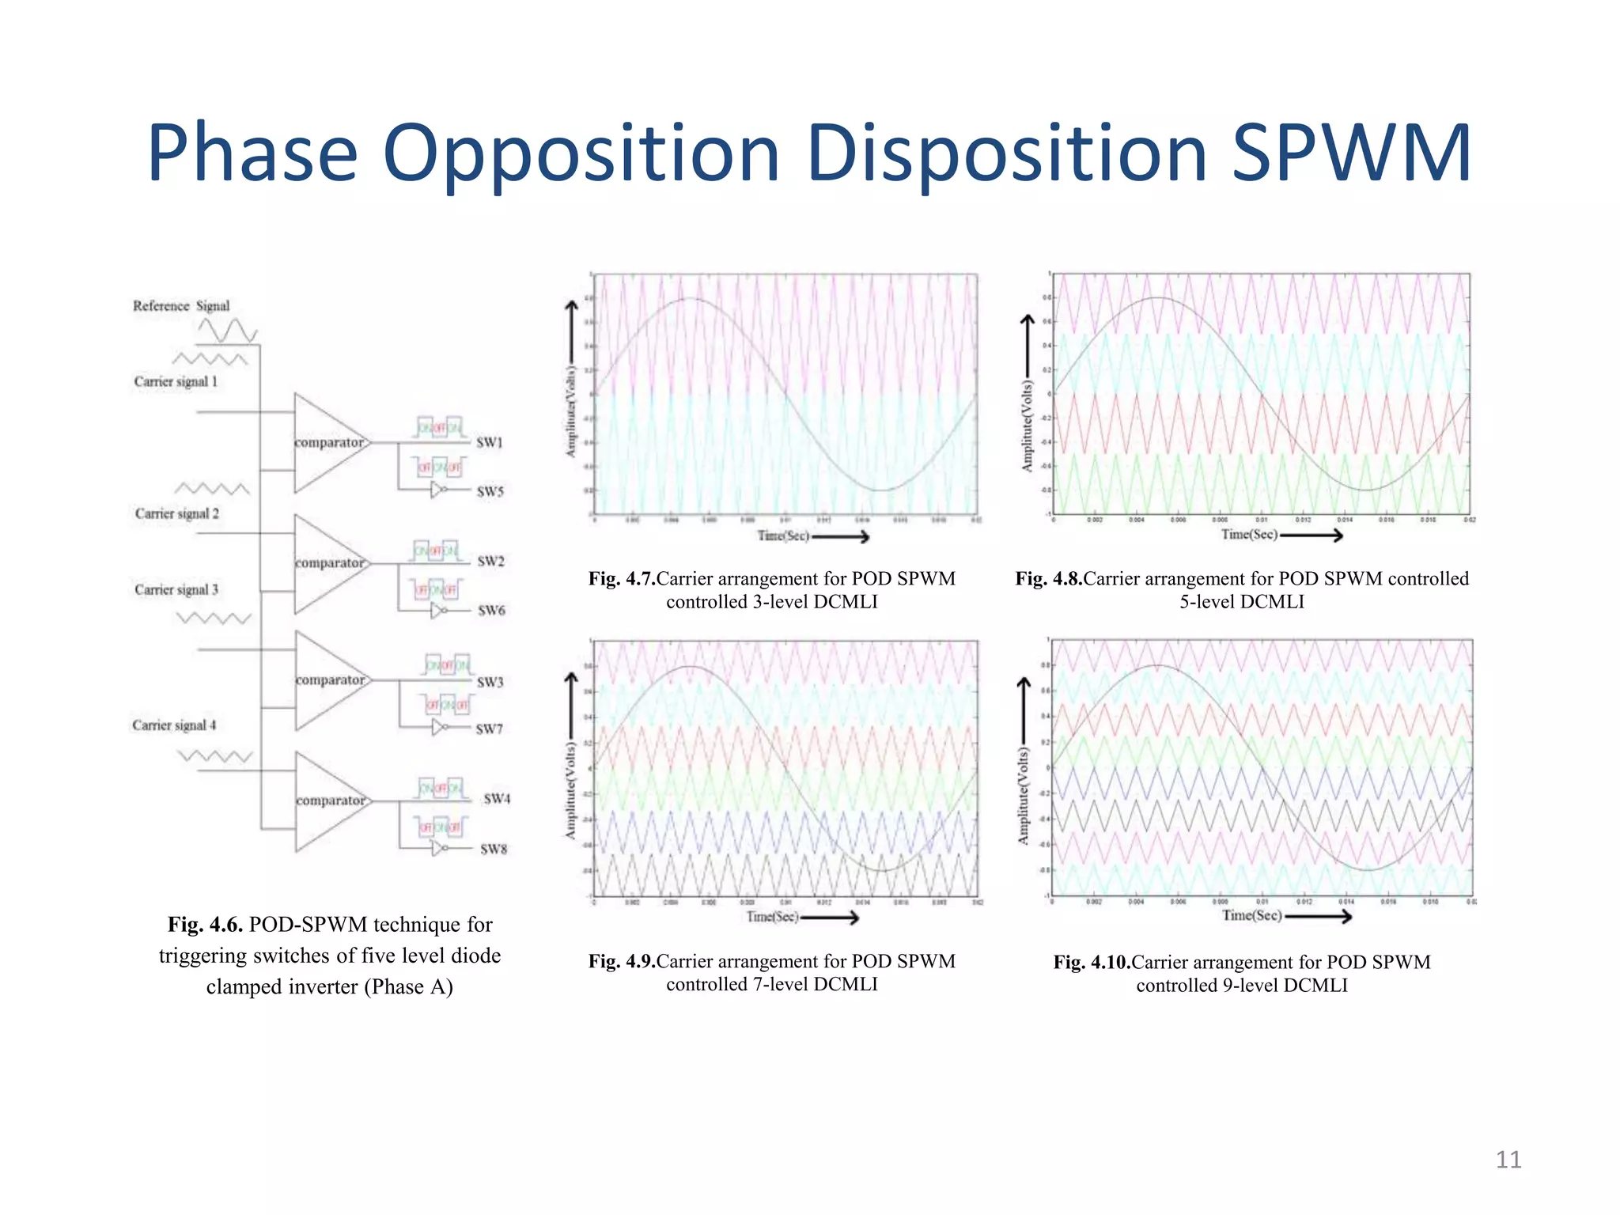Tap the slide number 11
click(x=1508, y=1160)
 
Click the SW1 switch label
click(x=490, y=442)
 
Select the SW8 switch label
click(x=494, y=849)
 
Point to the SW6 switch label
click(x=491, y=611)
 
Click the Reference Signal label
click(x=181, y=306)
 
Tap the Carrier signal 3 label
click(x=176, y=589)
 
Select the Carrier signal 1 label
click(x=176, y=381)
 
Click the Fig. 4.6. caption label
click(x=205, y=925)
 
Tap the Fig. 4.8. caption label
click(x=1048, y=579)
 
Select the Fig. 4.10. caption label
click(x=1092, y=963)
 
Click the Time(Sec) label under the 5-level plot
click(x=1249, y=535)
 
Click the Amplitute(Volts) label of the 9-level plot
click(x=1023, y=796)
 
